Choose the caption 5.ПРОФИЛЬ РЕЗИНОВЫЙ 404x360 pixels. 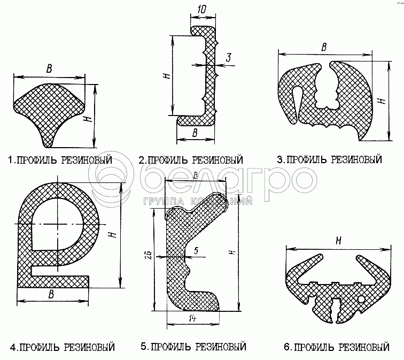pyautogui.click(x=193, y=347)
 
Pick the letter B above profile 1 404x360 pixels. pyautogui.click(x=49, y=68)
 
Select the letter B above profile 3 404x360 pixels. pyautogui.click(x=324, y=47)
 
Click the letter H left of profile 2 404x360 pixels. pyautogui.click(x=166, y=75)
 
